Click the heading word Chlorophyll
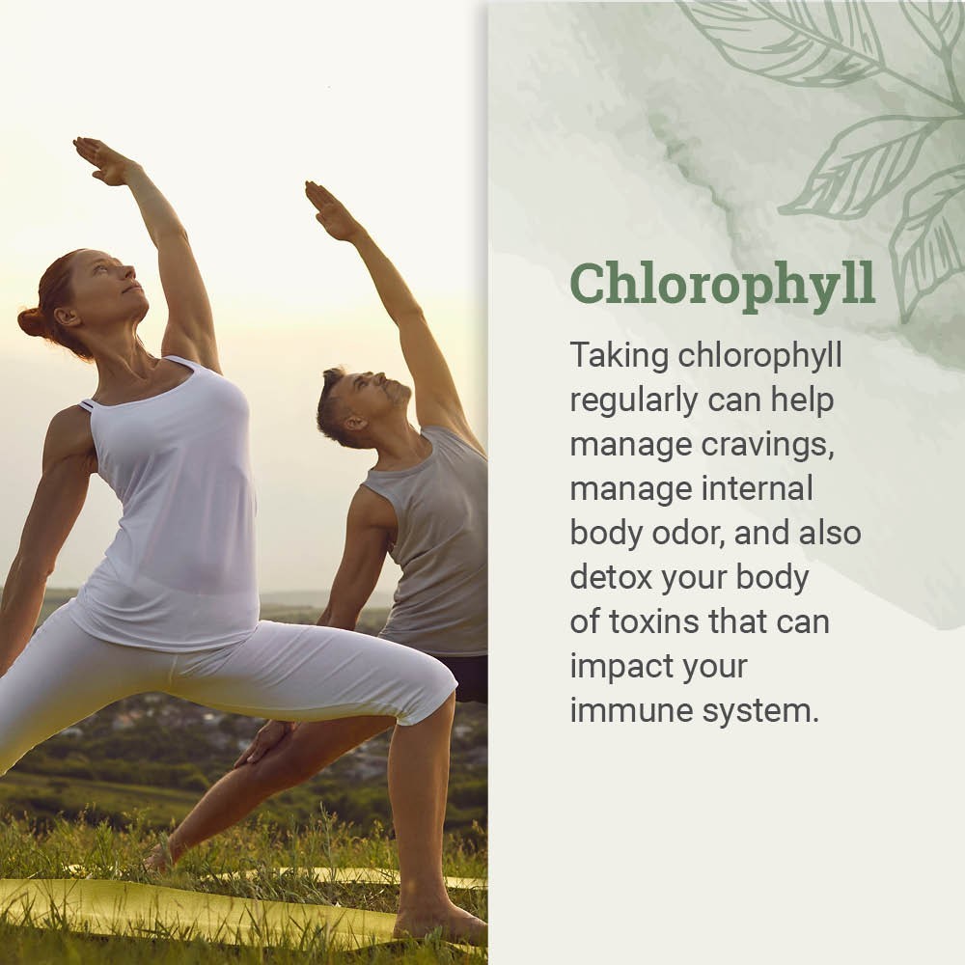point(722,283)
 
